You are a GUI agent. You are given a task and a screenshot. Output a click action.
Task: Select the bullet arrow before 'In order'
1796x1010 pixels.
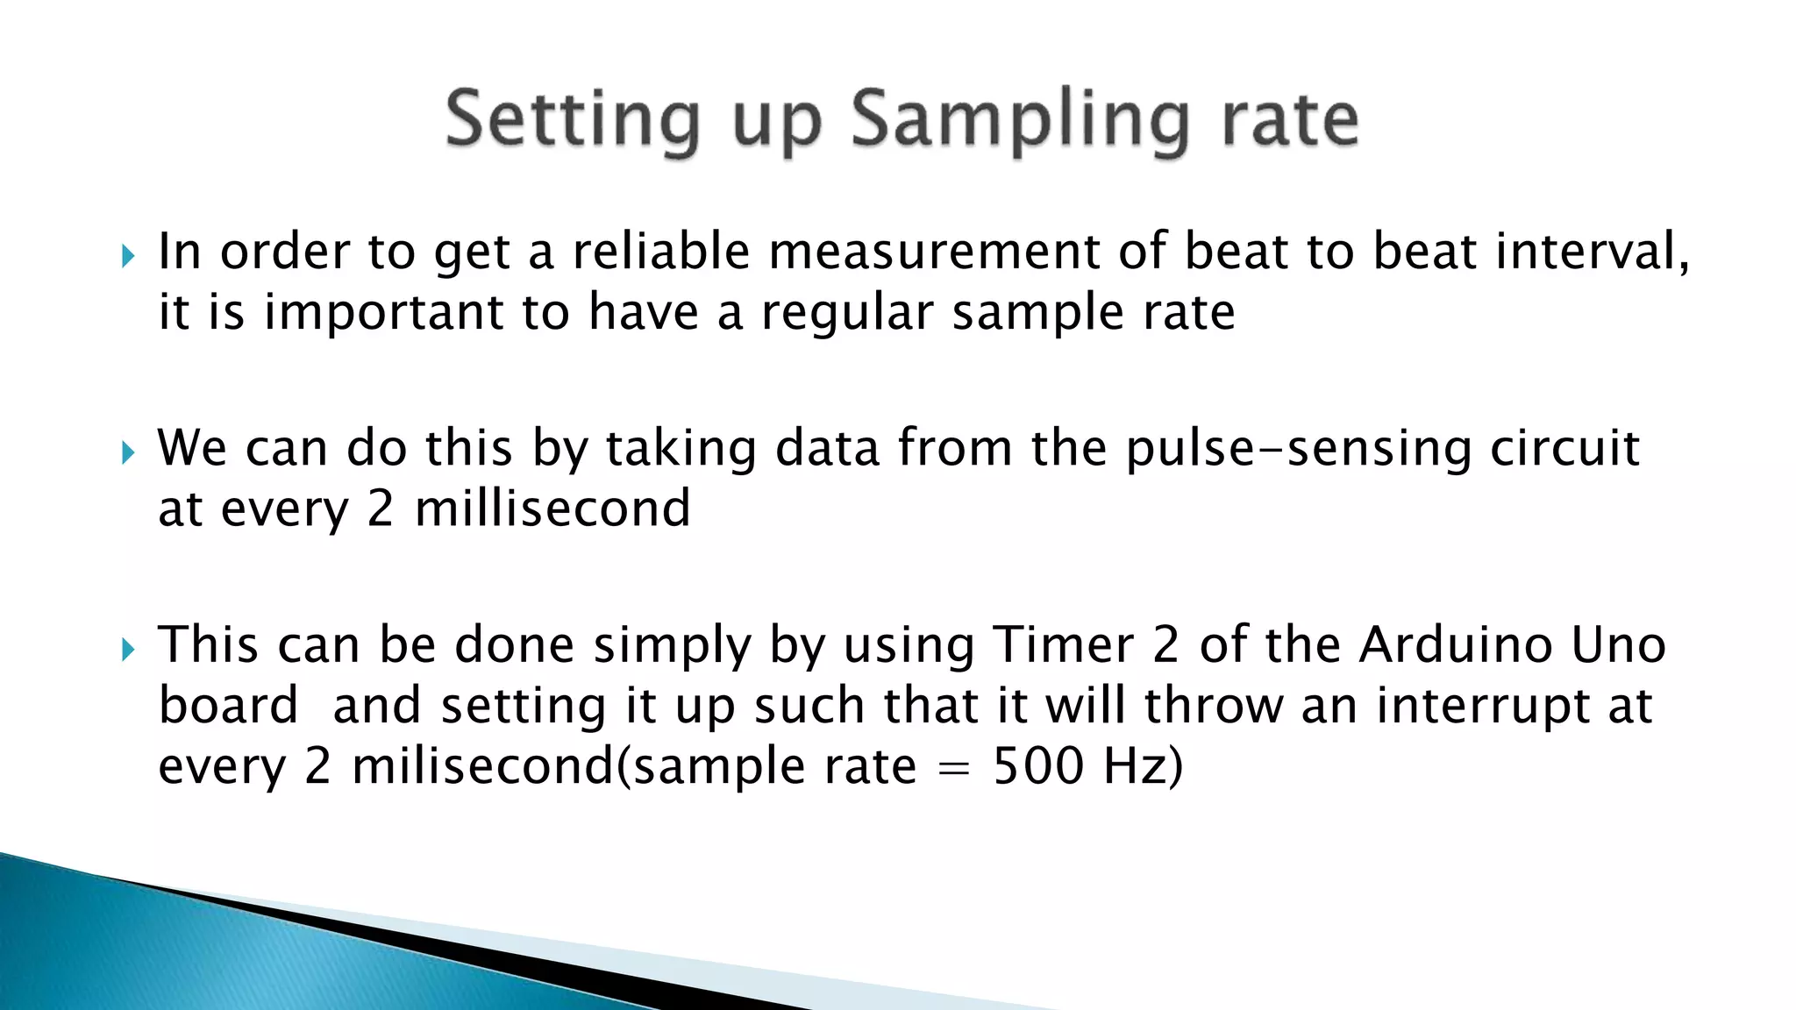click(x=128, y=256)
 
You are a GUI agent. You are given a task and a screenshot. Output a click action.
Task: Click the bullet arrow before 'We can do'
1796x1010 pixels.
click(x=128, y=452)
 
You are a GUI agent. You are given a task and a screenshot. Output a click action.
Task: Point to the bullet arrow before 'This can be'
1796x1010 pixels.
click(x=128, y=650)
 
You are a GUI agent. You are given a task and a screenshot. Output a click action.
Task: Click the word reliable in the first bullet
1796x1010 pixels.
click(x=661, y=252)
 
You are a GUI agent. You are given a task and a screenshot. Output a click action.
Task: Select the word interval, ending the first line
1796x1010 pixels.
click(x=1593, y=252)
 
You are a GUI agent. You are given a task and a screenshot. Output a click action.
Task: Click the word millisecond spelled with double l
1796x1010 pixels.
click(x=552, y=509)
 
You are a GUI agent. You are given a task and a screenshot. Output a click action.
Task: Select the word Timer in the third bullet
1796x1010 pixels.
click(x=1064, y=645)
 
